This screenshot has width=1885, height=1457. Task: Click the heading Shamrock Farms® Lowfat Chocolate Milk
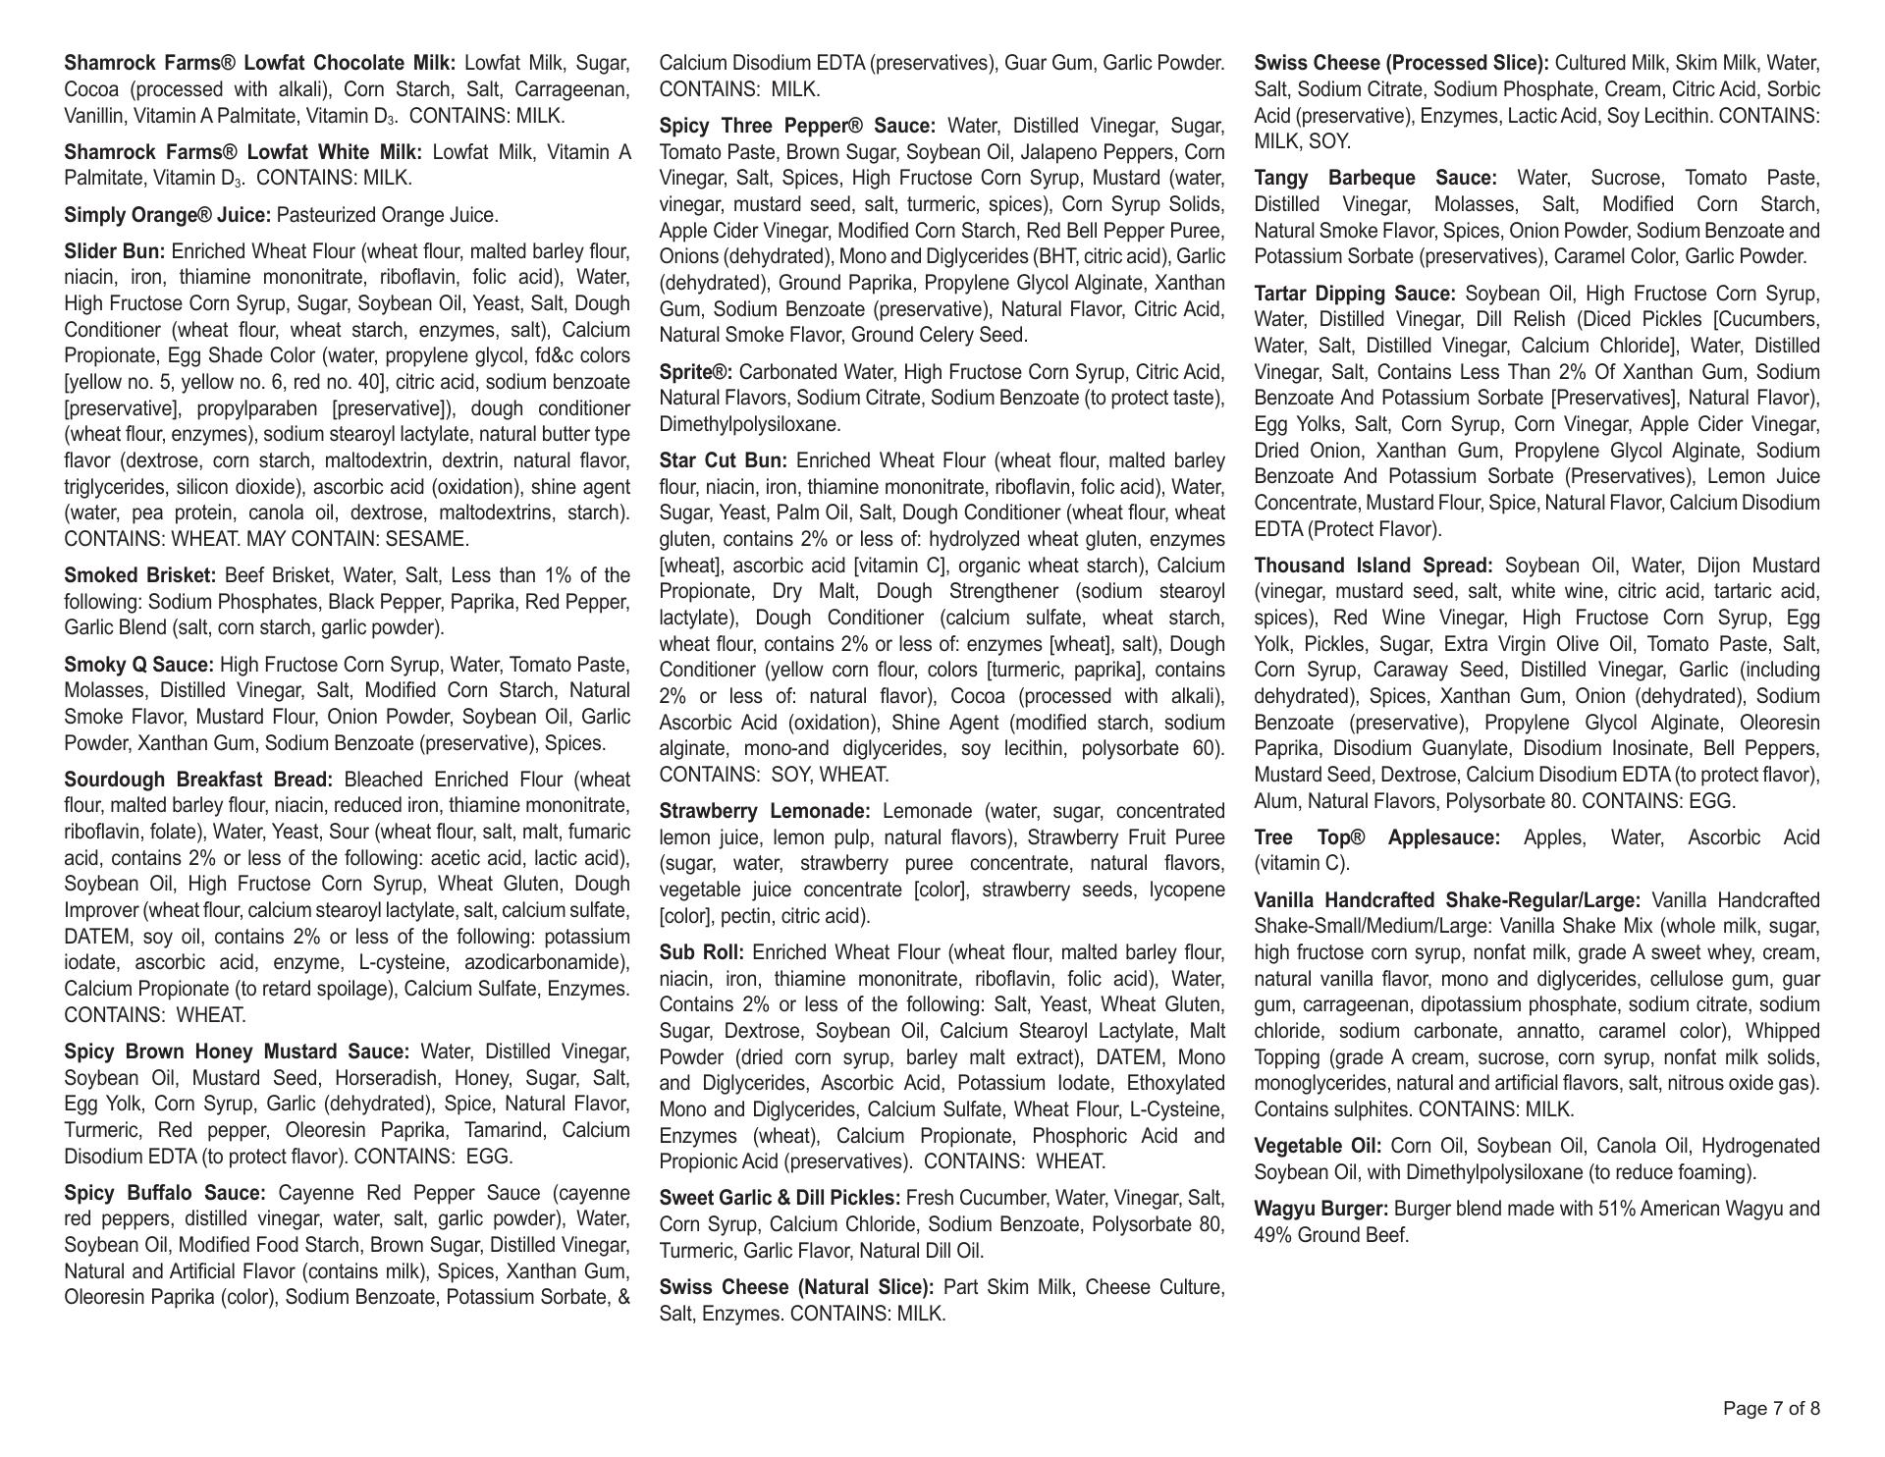click(x=260, y=64)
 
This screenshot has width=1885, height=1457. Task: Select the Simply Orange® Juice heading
click(x=168, y=215)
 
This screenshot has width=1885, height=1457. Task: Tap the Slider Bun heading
click(x=115, y=251)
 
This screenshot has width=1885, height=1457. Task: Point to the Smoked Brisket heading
click(x=140, y=575)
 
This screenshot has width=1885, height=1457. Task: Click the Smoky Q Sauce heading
click(x=138, y=665)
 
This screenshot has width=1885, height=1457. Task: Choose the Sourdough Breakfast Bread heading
click(x=198, y=780)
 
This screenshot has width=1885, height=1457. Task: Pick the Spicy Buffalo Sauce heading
click(x=165, y=1193)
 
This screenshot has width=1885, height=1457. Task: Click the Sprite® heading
click(x=696, y=372)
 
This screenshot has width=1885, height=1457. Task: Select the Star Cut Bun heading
click(x=724, y=460)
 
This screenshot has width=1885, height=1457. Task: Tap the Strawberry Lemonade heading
click(x=765, y=811)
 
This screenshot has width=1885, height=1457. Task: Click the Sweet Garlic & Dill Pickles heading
click(x=780, y=1198)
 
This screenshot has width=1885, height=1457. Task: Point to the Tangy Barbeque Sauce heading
click(x=1375, y=179)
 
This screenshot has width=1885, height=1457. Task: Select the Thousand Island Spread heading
click(x=1373, y=566)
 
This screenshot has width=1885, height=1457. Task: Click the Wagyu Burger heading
click(x=1321, y=1209)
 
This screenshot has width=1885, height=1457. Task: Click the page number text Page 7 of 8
click(x=1771, y=1409)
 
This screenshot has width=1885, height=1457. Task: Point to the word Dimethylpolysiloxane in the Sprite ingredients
click(x=749, y=424)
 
